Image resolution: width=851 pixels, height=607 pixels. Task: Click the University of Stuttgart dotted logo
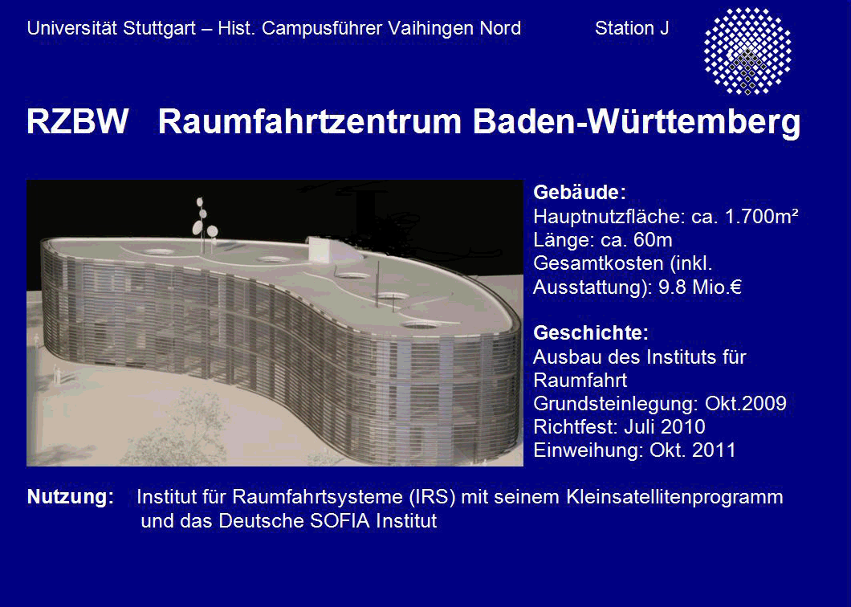point(747,51)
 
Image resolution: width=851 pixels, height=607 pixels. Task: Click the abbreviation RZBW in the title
point(78,121)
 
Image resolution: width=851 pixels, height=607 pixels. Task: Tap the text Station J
point(632,28)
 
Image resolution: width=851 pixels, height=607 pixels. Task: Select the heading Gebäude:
point(580,192)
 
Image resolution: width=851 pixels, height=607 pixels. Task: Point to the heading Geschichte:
point(591,333)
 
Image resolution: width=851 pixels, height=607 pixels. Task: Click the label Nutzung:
point(71,497)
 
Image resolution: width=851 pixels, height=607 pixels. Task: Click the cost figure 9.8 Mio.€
point(699,287)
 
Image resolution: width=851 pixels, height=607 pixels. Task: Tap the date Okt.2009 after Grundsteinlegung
point(746,403)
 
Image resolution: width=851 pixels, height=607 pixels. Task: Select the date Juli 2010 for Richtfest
point(664,426)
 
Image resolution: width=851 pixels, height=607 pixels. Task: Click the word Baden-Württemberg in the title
point(637,122)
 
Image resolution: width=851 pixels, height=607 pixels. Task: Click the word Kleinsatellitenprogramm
point(674,498)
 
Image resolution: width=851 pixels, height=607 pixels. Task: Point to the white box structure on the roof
point(324,250)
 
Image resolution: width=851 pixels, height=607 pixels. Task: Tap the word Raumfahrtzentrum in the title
point(309,121)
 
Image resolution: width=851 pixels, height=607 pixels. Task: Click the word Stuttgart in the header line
point(159,29)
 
